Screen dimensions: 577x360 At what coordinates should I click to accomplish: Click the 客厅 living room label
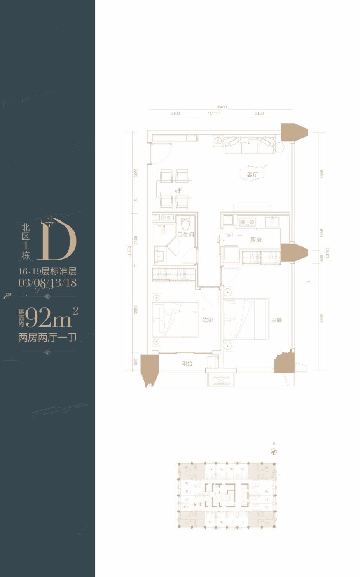(252, 175)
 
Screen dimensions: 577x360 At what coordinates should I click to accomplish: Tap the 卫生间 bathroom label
(186, 235)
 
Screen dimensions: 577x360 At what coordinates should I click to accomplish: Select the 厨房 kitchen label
(256, 239)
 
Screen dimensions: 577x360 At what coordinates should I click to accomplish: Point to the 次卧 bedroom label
(208, 320)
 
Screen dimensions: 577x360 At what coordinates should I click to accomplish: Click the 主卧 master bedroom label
(276, 320)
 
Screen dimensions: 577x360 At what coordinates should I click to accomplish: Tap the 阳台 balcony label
(187, 364)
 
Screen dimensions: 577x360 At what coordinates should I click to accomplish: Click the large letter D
(57, 242)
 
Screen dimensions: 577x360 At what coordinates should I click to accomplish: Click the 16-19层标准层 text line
(48, 272)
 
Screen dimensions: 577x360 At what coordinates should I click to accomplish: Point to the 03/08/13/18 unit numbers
(48, 283)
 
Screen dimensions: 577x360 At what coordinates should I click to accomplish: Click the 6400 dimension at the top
(222, 107)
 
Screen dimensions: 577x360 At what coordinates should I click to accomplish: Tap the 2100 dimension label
(175, 113)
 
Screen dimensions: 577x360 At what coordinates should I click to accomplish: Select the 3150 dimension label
(259, 113)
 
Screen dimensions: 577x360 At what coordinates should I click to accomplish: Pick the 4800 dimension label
(322, 318)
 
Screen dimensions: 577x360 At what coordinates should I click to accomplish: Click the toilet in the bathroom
(185, 224)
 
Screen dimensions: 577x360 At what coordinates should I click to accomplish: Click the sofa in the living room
(249, 145)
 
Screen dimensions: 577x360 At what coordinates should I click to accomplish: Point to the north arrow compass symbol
(273, 451)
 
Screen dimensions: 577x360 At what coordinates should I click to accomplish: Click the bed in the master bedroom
(246, 319)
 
